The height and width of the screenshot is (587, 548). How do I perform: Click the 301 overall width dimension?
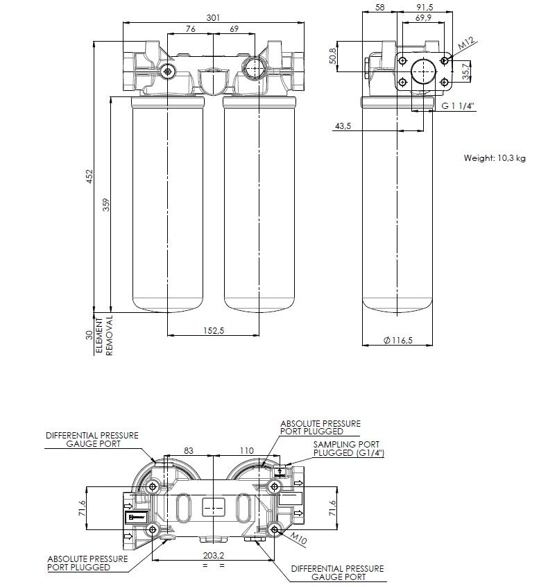click(x=214, y=17)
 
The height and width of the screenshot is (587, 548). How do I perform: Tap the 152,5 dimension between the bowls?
click(x=213, y=331)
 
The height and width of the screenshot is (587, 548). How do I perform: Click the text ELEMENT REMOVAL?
click(x=104, y=336)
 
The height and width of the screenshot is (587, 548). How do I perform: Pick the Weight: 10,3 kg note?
click(x=495, y=158)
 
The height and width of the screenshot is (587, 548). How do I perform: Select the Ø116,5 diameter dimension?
click(x=397, y=339)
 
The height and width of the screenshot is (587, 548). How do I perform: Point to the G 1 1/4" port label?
click(x=459, y=106)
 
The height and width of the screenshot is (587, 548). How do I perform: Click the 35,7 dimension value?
click(x=466, y=70)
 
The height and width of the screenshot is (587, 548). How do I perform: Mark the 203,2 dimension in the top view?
click(x=214, y=555)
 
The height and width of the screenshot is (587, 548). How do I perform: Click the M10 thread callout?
click(x=298, y=537)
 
